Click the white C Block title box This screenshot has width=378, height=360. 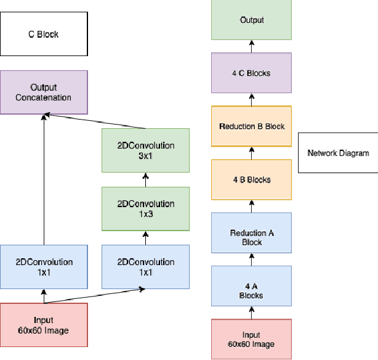pyautogui.click(x=43, y=35)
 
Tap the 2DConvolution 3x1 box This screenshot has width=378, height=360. pyautogui.click(x=146, y=151)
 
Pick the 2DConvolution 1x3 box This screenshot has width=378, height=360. pyautogui.click(x=146, y=209)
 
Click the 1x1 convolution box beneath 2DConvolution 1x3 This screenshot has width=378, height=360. pyautogui.click(x=146, y=267)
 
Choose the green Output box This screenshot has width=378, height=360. pyautogui.click(x=251, y=20)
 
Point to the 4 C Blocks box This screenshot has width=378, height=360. pyautogui.click(x=251, y=73)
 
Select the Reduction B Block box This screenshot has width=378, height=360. pyautogui.click(x=251, y=126)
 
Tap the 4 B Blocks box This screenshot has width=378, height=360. pyautogui.click(x=251, y=179)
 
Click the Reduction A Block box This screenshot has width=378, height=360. pyautogui.click(x=251, y=232)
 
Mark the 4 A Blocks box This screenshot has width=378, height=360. pyautogui.click(x=251, y=285)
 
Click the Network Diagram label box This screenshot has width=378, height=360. pyautogui.click(x=337, y=152)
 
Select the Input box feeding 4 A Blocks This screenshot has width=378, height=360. pyautogui.click(x=251, y=339)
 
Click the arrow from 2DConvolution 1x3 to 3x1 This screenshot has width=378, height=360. pyautogui.click(x=146, y=180)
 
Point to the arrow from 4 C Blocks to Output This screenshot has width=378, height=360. pyautogui.click(x=251, y=46)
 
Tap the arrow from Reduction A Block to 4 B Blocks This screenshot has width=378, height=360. pyautogui.click(x=251, y=206)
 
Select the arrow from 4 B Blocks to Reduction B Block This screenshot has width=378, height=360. pyautogui.click(x=251, y=153)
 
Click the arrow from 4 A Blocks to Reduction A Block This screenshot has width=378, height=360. pyautogui.click(x=251, y=259)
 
